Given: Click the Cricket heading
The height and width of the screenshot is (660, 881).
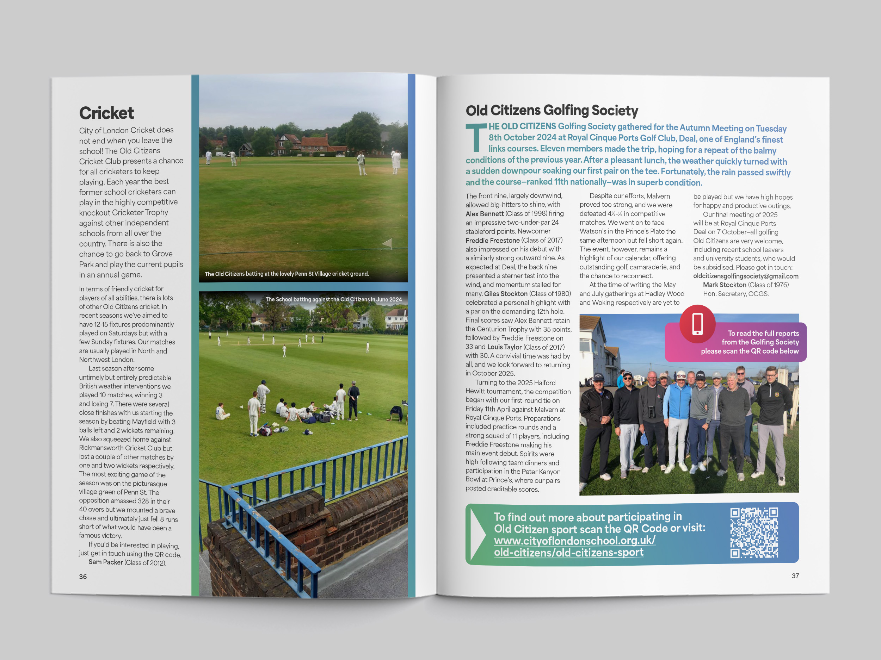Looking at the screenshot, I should [x=106, y=113].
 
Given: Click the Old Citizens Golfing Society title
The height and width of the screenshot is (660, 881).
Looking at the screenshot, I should [x=552, y=110].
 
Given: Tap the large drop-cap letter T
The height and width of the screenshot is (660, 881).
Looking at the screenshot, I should [x=476, y=137].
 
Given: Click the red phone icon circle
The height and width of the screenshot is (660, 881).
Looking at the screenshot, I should [x=697, y=324].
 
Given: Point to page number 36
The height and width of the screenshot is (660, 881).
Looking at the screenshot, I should [x=83, y=577].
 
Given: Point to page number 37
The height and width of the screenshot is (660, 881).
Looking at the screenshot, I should [x=795, y=575].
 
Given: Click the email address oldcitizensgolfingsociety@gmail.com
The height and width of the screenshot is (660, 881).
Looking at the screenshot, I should [x=746, y=276].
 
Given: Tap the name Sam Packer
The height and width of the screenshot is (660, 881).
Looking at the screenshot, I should [x=106, y=562].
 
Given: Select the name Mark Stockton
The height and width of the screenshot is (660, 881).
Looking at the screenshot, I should [x=724, y=285].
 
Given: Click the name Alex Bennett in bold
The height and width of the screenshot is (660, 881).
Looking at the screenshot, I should [x=484, y=214].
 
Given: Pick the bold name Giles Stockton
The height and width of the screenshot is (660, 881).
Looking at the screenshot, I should [x=505, y=294].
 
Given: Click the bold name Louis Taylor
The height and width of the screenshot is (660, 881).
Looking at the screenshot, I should [x=504, y=347].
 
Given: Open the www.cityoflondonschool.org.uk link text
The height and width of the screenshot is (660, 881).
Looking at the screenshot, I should [x=574, y=541].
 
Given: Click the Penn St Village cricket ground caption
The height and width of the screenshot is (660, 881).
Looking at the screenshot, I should [x=287, y=274].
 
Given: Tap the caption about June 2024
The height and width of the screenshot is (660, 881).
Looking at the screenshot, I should [x=333, y=299].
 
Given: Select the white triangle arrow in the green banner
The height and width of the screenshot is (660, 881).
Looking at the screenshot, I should [x=477, y=534].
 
